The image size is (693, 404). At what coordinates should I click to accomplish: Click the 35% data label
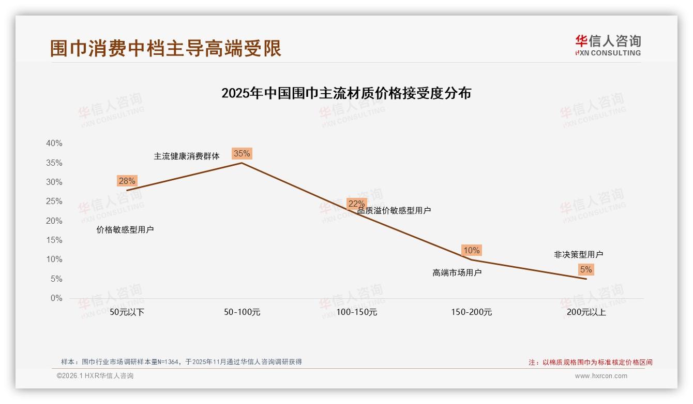(x=242, y=153)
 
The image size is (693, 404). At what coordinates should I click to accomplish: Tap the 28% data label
(x=127, y=181)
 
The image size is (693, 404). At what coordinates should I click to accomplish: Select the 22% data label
(x=356, y=204)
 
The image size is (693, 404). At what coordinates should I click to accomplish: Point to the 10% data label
(x=471, y=250)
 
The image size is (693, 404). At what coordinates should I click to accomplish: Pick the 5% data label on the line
(x=586, y=269)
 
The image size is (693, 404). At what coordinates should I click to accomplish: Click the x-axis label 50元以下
(x=127, y=312)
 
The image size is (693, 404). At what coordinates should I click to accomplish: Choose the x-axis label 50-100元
(x=242, y=312)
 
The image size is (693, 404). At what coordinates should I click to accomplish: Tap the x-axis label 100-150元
(x=357, y=312)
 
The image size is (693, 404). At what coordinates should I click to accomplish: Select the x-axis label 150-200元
(x=472, y=312)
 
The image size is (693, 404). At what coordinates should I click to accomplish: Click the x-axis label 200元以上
(x=586, y=312)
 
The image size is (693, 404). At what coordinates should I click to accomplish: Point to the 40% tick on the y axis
(x=54, y=143)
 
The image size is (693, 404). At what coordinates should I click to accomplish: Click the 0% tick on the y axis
(x=56, y=298)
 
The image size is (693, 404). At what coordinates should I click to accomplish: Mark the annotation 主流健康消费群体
(x=187, y=156)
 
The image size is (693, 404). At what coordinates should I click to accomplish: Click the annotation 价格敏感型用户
(x=125, y=229)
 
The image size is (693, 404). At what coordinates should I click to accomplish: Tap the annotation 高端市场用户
(x=457, y=272)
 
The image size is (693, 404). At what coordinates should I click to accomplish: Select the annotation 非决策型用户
(x=578, y=254)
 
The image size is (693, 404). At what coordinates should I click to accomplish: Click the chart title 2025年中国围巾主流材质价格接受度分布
(x=346, y=93)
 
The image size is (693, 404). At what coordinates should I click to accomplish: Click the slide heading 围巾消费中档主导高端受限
(x=165, y=48)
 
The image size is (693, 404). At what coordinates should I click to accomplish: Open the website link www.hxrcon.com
(x=601, y=376)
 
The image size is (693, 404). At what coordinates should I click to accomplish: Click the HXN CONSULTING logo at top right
(x=608, y=45)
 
